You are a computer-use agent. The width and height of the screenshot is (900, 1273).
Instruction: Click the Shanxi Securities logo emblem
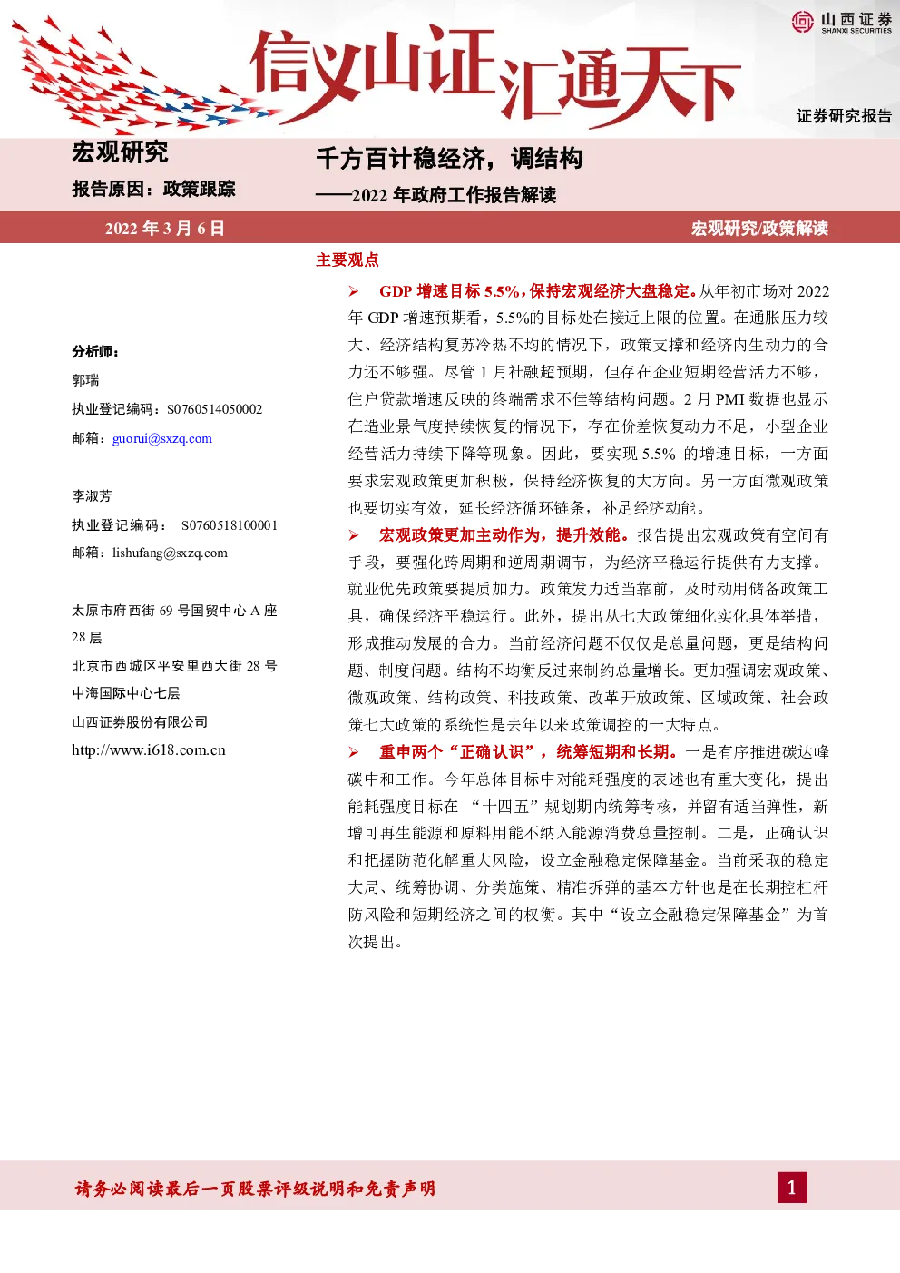click(802, 22)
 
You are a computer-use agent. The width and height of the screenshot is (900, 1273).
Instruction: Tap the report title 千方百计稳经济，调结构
click(449, 158)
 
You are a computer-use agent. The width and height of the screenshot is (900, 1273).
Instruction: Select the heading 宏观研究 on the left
click(120, 152)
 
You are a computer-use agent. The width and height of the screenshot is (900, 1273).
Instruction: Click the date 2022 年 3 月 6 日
click(165, 229)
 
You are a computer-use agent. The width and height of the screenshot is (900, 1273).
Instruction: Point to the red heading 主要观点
click(347, 260)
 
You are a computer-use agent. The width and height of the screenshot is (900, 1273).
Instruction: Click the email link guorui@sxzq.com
click(161, 439)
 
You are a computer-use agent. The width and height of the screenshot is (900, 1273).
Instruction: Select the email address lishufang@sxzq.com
click(170, 553)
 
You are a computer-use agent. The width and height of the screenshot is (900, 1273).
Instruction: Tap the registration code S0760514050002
click(214, 409)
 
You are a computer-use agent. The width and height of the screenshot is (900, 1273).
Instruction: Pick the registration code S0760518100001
click(230, 525)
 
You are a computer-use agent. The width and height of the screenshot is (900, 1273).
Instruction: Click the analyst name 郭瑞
click(85, 380)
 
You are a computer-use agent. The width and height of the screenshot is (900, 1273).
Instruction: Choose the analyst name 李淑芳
click(92, 496)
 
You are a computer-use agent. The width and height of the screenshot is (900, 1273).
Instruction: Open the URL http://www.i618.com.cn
click(148, 750)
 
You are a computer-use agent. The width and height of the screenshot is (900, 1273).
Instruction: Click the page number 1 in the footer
click(792, 1187)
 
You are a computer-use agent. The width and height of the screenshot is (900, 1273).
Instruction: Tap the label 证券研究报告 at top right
click(844, 116)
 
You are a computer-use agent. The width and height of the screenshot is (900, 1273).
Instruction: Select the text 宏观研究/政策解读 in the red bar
click(759, 229)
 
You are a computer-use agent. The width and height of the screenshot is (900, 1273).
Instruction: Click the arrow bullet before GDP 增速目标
click(354, 291)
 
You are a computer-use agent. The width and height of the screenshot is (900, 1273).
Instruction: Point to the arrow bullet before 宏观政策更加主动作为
click(354, 535)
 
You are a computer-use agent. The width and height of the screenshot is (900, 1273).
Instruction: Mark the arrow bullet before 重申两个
click(354, 752)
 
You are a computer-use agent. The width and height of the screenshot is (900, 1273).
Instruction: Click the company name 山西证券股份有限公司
click(140, 721)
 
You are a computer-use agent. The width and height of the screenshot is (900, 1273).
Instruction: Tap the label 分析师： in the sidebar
click(95, 352)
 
